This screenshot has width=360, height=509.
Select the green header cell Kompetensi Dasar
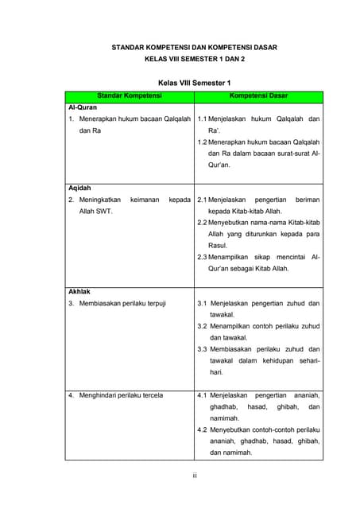click(x=258, y=96)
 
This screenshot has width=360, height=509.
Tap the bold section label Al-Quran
click(x=83, y=107)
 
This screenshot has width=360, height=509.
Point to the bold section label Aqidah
click(x=79, y=188)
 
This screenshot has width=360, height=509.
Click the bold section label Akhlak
click(x=79, y=291)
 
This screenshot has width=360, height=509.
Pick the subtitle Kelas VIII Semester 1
click(x=194, y=83)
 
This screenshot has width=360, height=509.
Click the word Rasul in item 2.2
click(x=219, y=246)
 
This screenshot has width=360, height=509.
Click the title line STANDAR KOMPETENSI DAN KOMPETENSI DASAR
click(x=194, y=48)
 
